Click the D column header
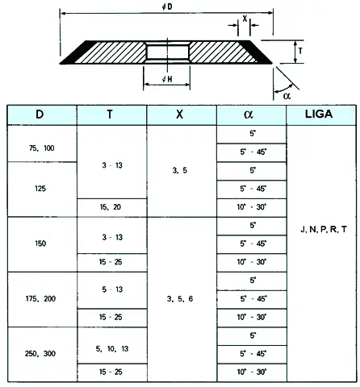(40, 114)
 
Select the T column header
(110, 114)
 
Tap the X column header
(179, 114)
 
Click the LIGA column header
(319, 114)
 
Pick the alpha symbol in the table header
(249, 114)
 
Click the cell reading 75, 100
(42, 148)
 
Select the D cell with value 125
(40, 189)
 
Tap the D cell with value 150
(40, 243)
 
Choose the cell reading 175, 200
(40, 298)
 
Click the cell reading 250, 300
(40, 353)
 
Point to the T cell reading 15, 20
(111, 207)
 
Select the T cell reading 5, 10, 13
(112, 349)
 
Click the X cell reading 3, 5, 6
(180, 299)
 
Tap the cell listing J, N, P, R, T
(324, 229)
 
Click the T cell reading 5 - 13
(112, 289)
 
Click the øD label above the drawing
(167, 6)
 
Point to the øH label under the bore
(167, 79)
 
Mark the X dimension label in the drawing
(245, 19)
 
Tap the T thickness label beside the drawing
(300, 51)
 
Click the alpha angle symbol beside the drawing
(287, 96)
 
